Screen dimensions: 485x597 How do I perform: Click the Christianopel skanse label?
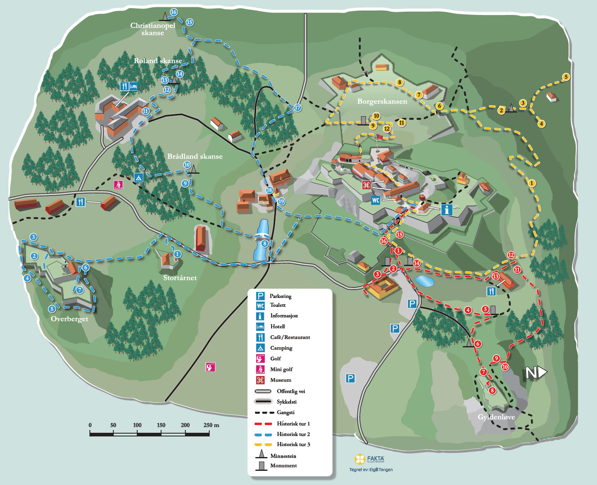click(153, 29)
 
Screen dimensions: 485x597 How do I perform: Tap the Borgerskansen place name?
click(382, 101)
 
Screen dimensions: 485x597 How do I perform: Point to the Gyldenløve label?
click(496, 417)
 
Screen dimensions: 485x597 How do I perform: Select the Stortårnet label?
click(180, 278)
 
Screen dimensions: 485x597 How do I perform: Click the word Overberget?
click(69, 319)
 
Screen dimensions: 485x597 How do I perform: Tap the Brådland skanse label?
click(195, 156)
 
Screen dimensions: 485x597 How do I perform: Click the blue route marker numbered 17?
click(298, 108)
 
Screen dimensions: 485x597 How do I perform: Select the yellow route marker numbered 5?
click(566, 77)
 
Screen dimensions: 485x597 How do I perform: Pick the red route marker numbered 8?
click(492, 390)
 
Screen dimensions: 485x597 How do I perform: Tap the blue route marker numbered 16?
click(174, 12)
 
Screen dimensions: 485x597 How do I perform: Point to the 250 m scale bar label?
click(211, 425)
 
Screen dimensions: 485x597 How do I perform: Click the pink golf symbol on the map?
click(210, 367)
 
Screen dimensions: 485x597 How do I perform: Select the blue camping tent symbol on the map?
click(138, 177)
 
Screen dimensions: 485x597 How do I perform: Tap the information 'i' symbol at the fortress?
click(446, 210)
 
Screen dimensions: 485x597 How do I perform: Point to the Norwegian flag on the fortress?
click(379, 137)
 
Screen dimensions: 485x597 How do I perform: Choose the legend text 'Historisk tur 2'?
click(293, 434)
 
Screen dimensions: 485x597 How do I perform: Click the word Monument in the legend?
click(283, 466)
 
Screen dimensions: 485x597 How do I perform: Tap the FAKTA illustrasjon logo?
click(370, 459)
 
